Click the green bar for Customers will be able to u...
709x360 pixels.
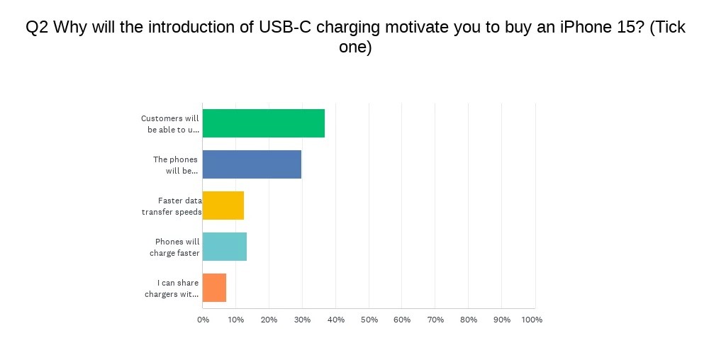264,123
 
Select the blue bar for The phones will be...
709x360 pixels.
252,164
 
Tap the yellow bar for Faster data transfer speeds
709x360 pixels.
223,206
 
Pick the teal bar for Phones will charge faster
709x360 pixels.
225,247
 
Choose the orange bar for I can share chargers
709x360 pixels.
214,288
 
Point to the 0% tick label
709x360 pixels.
203,320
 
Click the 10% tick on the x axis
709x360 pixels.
235,320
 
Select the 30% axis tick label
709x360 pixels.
302,320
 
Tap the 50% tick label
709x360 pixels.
369,320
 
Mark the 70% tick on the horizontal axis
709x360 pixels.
435,320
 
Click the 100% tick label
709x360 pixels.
532,320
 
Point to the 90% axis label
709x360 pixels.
502,320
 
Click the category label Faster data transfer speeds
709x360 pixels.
172,206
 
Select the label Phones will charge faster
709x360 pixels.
174,247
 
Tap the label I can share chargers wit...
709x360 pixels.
172,288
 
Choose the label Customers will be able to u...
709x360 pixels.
170,124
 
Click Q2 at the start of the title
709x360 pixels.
38,28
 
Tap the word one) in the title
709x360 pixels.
355,47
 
